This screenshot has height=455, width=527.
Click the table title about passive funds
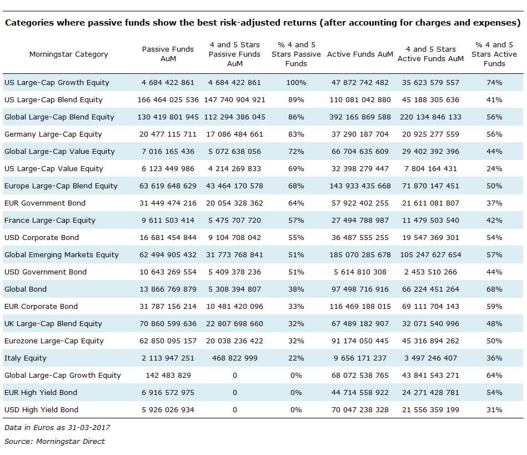263,23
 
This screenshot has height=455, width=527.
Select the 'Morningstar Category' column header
68,54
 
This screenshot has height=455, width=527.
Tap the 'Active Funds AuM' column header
360,54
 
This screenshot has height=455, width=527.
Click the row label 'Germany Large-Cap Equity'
53,134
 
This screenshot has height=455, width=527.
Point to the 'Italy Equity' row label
26,358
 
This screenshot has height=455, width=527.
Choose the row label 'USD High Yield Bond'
41,409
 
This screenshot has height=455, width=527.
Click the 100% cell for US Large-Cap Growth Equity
296,82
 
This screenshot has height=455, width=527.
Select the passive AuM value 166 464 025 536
168,100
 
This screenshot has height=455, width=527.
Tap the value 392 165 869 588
360,117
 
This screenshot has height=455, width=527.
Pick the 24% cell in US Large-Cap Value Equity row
494,168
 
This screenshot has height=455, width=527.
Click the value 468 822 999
234,358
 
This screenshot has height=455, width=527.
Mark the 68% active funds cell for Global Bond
494,289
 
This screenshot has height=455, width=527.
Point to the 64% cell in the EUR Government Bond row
296,203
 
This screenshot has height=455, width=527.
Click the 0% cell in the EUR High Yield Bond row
296,392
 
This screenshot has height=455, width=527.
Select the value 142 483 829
168,376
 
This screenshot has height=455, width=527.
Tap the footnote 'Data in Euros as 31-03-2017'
57,427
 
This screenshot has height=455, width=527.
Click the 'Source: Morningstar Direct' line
54,441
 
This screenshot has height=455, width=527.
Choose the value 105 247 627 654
430,254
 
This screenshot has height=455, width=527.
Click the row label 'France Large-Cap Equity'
50,220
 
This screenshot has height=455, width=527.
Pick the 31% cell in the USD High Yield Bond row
494,409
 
